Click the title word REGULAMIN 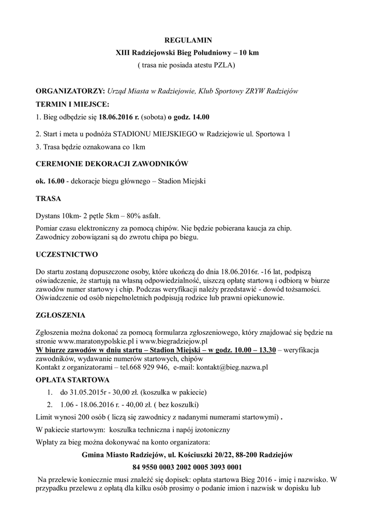point(188,39)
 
